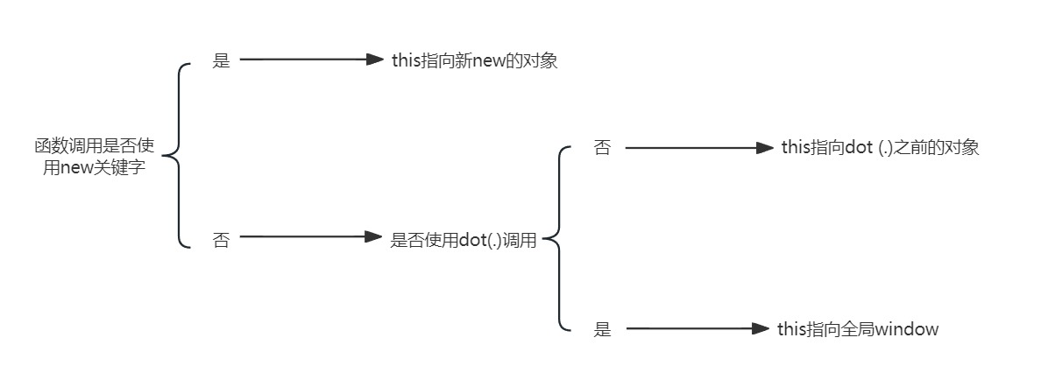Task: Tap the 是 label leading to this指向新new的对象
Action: coord(222,61)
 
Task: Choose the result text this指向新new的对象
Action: coord(474,60)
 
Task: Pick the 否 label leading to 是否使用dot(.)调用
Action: coord(222,239)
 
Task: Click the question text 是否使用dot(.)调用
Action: coord(463,240)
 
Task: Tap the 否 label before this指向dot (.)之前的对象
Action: coord(602,148)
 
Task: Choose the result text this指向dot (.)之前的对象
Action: coord(880,148)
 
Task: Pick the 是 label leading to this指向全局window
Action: coord(602,330)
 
